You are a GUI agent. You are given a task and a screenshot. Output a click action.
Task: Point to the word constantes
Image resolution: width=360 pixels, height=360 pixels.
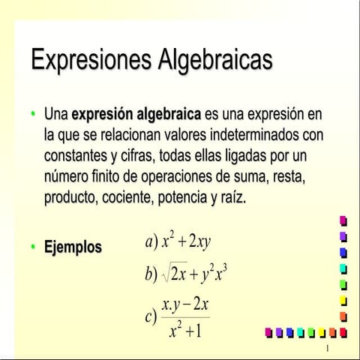point(76,157)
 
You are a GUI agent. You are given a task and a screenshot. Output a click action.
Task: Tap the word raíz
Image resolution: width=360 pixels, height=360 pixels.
point(251,199)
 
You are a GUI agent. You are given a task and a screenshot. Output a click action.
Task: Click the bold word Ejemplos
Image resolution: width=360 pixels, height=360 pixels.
point(73,247)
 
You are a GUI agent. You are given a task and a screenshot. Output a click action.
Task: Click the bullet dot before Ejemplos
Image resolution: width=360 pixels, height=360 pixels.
point(33,247)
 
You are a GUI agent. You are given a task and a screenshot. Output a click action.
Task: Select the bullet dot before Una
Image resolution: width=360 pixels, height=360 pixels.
point(33,115)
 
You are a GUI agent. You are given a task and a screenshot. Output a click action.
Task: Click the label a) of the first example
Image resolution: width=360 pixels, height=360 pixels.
point(151,241)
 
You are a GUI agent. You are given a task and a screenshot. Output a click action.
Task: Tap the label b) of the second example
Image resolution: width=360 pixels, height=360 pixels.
point(151,274)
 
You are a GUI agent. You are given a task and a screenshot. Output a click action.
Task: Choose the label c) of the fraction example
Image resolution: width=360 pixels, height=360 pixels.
point(151,316)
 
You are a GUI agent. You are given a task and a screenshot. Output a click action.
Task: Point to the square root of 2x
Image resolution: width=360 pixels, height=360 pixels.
point(177,274)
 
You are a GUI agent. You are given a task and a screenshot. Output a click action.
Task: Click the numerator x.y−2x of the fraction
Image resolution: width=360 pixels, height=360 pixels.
point(185,306)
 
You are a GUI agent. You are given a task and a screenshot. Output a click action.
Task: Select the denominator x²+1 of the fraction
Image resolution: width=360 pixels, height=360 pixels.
point(185,329)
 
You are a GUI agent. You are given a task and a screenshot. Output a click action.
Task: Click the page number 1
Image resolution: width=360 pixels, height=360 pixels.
point(328,350)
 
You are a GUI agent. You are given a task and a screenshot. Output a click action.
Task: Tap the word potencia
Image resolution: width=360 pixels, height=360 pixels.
point(190,199)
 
